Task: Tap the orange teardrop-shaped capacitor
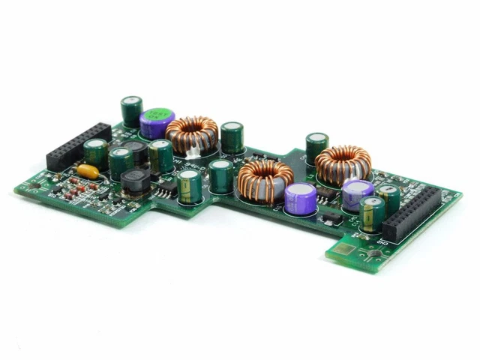[88, 171]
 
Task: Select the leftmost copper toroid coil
[191, 133]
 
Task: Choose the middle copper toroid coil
[265, 179]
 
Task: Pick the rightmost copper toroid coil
[343, 164]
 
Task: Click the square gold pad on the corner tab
[346, 250]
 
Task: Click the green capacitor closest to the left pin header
[95, 153]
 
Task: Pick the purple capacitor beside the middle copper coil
[300, 199]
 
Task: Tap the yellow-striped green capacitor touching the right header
[372, 214]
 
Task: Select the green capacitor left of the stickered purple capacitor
[132, 110]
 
